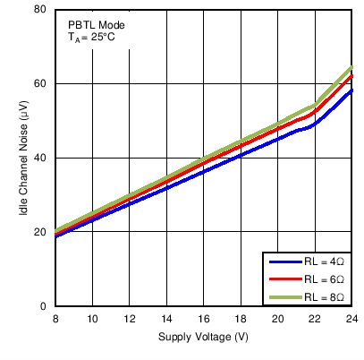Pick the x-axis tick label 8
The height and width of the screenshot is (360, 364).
pos(55,319)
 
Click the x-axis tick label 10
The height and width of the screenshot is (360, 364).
pos(92,319)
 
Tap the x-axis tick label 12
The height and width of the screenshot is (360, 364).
pos(130,319)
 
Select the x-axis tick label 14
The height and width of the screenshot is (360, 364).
pos(166,319)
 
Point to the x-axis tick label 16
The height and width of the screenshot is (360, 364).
pos(204,319)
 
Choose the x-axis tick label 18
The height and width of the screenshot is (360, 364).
pos(241,319)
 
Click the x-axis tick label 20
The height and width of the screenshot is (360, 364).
pos(278,319)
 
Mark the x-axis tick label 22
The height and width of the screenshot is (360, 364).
pos(315,319)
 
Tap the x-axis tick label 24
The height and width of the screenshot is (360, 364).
pos(352,319)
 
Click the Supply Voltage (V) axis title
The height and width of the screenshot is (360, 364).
pos(203,337)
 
